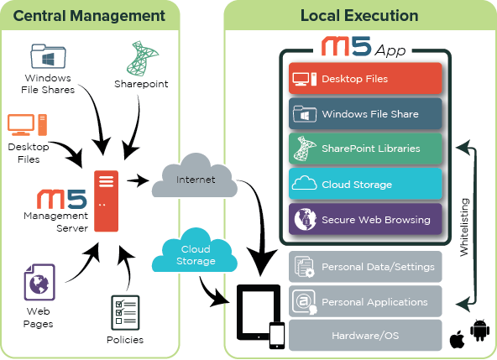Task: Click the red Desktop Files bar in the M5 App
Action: pos(365,78)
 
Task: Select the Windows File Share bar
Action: pos(365,113)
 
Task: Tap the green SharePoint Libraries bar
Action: pos(365,149)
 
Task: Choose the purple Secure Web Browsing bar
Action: pos(365,219)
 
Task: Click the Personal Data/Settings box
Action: pos(365,267)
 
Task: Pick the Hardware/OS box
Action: pos(365,336)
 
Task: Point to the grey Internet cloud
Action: pos(195,176)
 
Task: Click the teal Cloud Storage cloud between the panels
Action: pos(195,251)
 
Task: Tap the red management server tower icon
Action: pos(106,201)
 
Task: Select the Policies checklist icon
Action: pos(125,313)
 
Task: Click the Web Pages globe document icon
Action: pos(39,282)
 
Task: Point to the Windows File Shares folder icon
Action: pos(48,56)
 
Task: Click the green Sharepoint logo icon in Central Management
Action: pos(143,59)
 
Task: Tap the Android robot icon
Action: pos(479,331)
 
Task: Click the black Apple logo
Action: pos(457,339)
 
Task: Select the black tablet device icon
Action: pos(259,312)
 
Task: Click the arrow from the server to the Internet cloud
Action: pos(138,180)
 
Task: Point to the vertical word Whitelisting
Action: pos(464,227)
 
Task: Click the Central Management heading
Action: pos(89,16)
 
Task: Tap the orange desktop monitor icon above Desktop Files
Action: pos(22,124)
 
